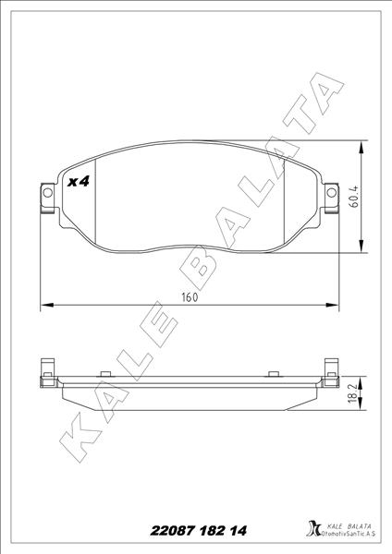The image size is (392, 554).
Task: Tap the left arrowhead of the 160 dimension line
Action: [47, 306]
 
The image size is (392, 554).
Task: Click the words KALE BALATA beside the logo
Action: [348, 524]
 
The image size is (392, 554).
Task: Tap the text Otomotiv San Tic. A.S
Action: [348, 535]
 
